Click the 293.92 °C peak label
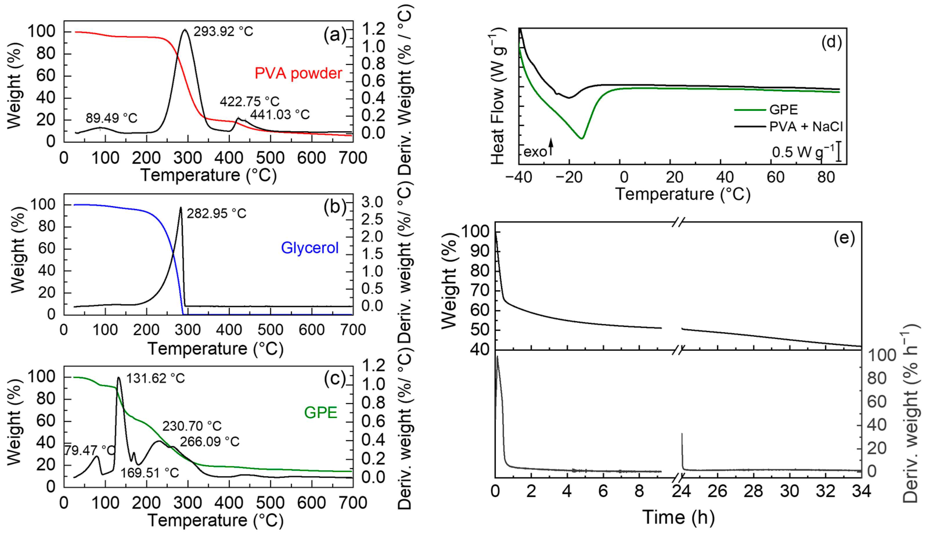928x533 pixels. point(223,31)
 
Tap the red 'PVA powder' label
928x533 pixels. point(298,73)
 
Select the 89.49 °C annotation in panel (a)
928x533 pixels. point(111,118)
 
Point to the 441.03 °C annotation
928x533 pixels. point(280,115)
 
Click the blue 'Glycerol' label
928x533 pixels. point(310,248)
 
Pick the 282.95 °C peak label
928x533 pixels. point(216,213)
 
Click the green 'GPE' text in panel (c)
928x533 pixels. point(320,413)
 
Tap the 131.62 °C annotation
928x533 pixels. point(155,378)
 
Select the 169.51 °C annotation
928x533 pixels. point(150,473)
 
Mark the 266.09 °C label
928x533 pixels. point(210,442)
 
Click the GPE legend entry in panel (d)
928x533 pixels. point(783,109)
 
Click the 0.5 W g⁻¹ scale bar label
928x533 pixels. point(803,152)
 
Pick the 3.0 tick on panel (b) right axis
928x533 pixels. point(372,202)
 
